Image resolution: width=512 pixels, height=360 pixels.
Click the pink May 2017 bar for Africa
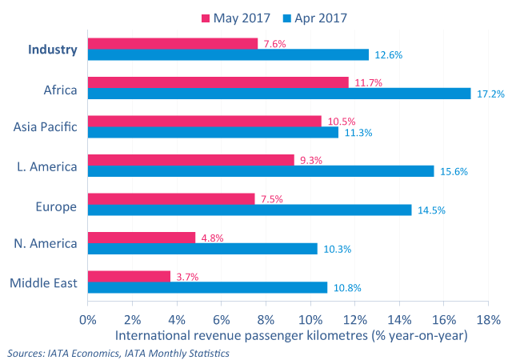click(x=218, y=82)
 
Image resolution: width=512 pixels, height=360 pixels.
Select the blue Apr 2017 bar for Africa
click(x=279, y=94)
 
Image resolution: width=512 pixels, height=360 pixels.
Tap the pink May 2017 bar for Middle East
click(x=129, y=276)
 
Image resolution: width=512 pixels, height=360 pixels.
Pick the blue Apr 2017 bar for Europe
click(x=249, y=210)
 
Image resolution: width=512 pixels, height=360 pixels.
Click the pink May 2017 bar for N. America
click(x=141, y=237)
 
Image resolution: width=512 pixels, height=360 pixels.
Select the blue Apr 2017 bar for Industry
click(x=228, y=54)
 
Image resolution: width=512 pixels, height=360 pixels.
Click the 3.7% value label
click(x=186, y=277)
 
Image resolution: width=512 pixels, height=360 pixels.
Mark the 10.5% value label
click(x=341, y=122)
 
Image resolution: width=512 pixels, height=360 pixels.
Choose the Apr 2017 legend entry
click(x=319, y=16)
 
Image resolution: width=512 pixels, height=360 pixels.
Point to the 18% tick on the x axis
click(x=488, y=318)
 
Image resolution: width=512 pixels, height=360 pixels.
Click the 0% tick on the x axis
click(x=87, y=318)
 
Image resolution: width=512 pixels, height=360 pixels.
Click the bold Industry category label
click(x=53, y=49)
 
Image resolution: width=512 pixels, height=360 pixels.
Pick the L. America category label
click(x=47, y=166)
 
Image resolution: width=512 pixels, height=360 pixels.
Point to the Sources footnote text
click(x=118, y=352)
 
